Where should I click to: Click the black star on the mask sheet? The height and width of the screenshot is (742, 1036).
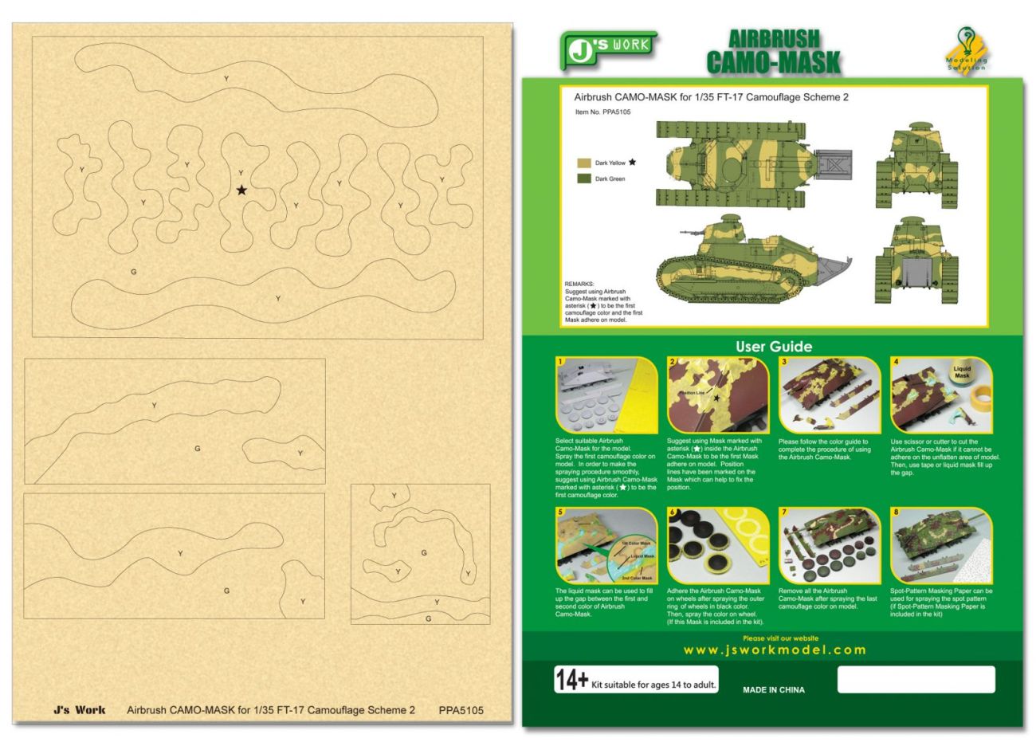tap(241, 190)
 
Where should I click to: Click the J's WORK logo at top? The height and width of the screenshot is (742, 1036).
tap(608, 49)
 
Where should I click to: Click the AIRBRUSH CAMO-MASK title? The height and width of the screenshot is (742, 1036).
tap(773, 52)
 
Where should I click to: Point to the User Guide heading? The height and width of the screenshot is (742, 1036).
tap(773, 347)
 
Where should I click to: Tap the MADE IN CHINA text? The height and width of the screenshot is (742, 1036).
tap(773, 690)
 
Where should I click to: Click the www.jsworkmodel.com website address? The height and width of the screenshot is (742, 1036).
tap(774, 650)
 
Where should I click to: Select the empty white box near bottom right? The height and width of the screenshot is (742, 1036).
tap(916, 680)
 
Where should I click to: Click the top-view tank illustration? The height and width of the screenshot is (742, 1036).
tap(753, 163)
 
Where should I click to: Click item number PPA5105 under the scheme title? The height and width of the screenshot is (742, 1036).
tap(602, 112)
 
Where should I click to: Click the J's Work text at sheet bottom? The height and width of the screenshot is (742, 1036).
tap(79, 710)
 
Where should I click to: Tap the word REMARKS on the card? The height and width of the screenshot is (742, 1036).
tap(579, 284)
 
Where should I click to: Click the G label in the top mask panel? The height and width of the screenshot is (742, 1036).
tap(133, 272)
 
